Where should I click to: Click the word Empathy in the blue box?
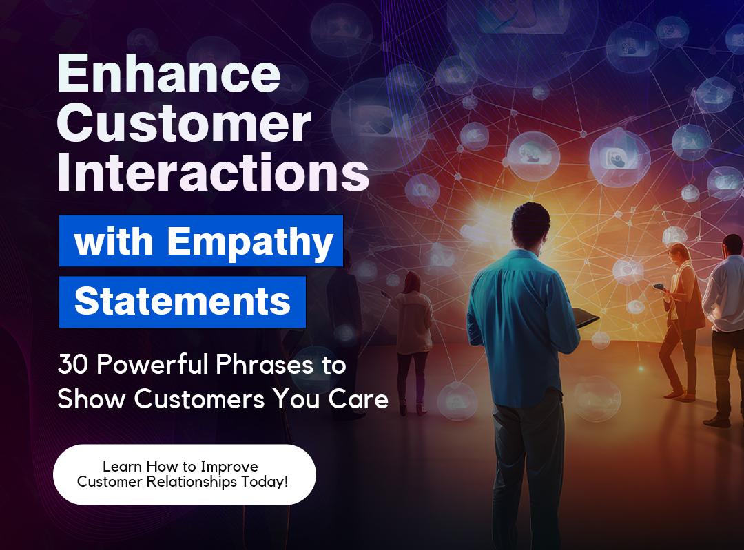click(250, 242)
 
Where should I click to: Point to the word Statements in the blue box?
click(183, 302)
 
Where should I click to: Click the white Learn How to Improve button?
click(184, 474)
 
